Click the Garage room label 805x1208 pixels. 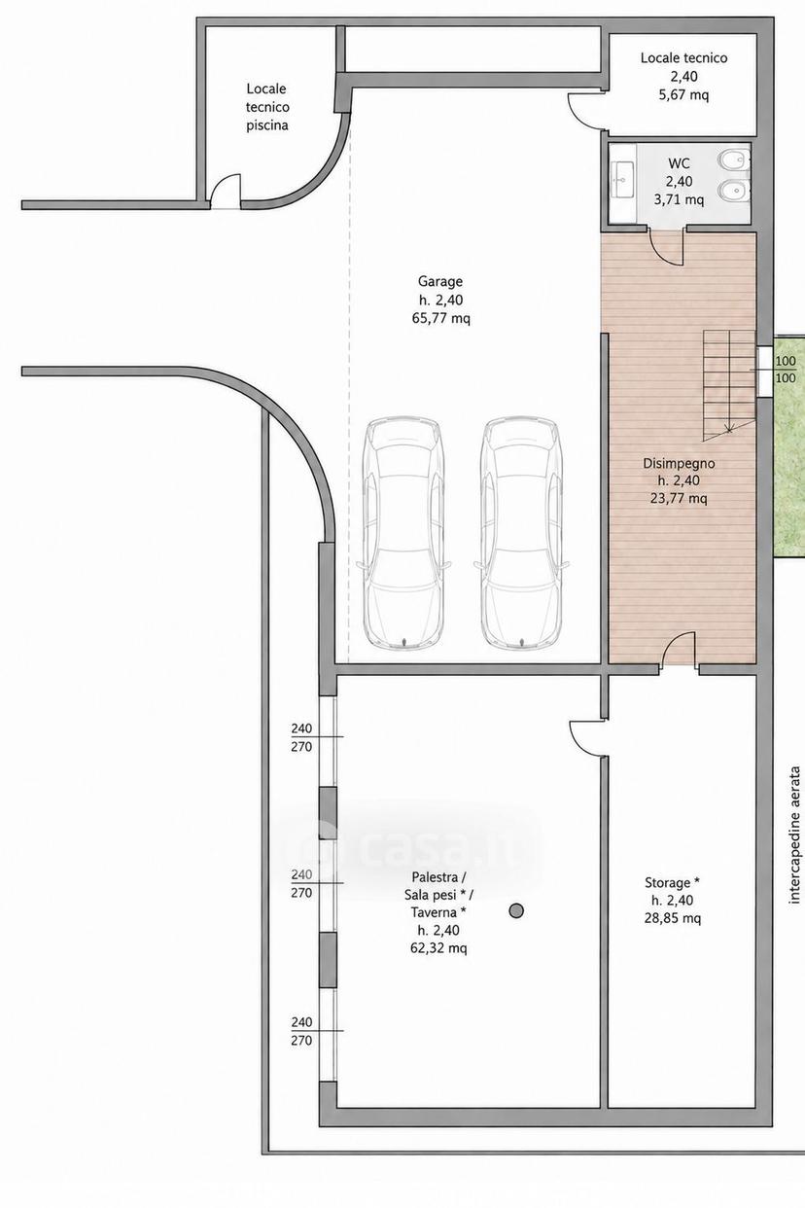click(x=440, y=300)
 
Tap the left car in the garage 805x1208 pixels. click(x=403, y=532)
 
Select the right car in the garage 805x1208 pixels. click(x=521, y=532)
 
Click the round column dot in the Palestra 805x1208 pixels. click(x=516, y=910)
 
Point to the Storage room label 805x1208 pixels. click(x=673, y=900)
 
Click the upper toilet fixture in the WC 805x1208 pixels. click(x=732, y=160)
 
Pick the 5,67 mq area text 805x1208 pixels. click(x=683, y=95)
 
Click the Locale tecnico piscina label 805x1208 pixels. click(x=267, y=107)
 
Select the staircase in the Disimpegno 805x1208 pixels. click(x=729, y=386)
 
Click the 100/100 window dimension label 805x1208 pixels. click(x=785, y=369)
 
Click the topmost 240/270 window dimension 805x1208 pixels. click(x=302, y=737)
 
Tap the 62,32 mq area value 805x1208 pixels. click(x=438, y=948)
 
